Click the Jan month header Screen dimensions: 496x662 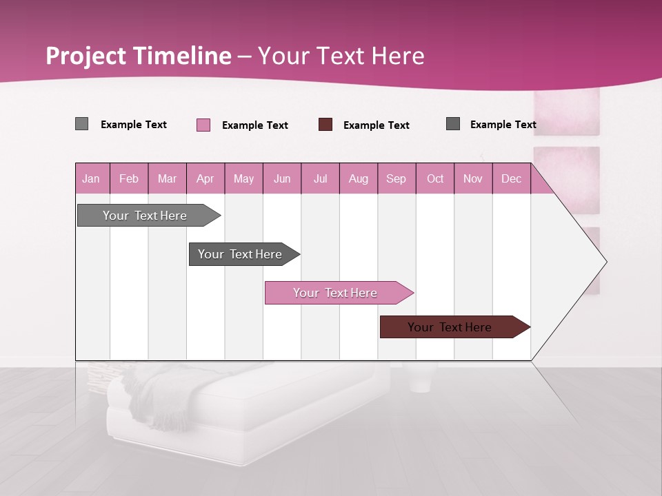pos(91,178)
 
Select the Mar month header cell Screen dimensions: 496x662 pos(167,178)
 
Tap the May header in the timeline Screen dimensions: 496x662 pos(243,178)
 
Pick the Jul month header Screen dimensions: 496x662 pos(320,178)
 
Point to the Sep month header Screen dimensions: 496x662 pos(396,178)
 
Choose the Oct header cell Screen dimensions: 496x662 pos(435,178)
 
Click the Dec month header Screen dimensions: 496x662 pos(511,178)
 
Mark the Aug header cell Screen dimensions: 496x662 pos(358,178)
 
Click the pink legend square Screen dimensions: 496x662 pos(203,125)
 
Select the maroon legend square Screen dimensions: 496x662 pos(325,125)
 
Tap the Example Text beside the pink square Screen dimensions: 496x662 pos(255,125)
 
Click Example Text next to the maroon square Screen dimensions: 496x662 pos(377,125)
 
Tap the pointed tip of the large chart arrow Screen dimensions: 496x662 pos(605,262)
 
